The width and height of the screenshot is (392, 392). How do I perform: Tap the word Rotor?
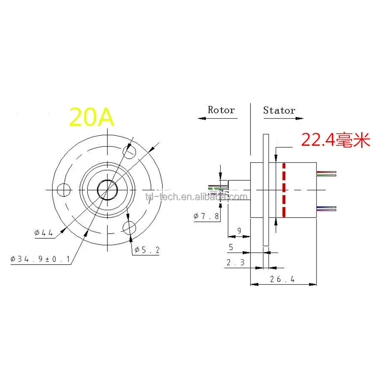pyautogui.click(x=221, y=110)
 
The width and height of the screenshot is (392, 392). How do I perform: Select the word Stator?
pyautogui.click(x=279, y=110)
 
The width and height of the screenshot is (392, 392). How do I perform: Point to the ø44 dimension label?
pyautogui.click(x=44, y=233)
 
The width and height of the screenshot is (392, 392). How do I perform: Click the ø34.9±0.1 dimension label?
pyautogui.click(x=41, y=259)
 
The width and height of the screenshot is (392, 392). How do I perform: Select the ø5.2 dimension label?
pyautogui.click(x=147, y=250)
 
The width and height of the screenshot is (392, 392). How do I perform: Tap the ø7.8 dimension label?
pyautogui.click(x=207, y=216)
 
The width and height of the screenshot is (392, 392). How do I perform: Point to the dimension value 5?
pyautogui.click(x=230, y=247)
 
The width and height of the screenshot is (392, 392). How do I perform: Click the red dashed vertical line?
pyautogui.click(x=283, y=190)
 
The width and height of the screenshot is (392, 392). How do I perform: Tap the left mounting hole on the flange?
pyautogui.click(x=63, y=190)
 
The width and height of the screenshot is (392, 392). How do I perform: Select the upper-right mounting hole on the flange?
pyautogui.click(x=129, y=150)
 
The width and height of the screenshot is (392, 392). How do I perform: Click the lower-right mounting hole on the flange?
pyautogui.click(x=129, y=227)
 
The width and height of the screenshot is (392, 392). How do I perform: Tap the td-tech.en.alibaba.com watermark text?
pyautogui.click(x=196, y=196)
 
